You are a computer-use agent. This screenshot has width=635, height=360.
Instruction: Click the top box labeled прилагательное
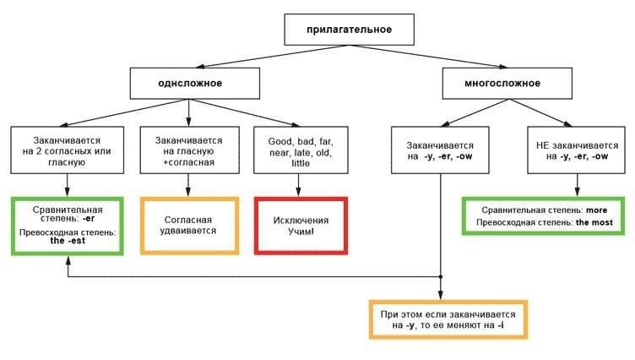pos(349,30)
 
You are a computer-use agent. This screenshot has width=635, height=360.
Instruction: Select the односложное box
pos(195,83)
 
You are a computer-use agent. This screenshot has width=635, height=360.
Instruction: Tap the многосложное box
pos(507,83)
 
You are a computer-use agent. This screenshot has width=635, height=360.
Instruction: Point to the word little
pos(301,163)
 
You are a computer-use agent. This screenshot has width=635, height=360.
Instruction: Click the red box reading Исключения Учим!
pos(301,226)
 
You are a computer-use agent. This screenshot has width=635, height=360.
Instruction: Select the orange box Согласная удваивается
pos(189,226)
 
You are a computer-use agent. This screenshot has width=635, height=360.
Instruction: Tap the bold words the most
pos(594,222)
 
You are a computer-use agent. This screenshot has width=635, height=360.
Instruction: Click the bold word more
pos(596,210)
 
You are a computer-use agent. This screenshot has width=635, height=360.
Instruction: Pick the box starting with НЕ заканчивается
pos(576,150)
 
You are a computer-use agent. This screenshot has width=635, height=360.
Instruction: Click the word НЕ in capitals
pos(542,145)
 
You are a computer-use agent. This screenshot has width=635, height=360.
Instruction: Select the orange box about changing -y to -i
pos(448,319)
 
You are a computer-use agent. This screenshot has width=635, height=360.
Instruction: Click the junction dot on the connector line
pos(441,277)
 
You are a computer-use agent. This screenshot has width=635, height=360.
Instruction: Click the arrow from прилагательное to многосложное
pos(428,56)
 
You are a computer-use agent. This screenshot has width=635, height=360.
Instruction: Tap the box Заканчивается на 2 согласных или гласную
pos(68,150)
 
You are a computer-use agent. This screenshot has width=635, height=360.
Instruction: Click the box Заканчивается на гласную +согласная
pos(189,150)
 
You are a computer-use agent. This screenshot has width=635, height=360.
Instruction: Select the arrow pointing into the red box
pos(298,185)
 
